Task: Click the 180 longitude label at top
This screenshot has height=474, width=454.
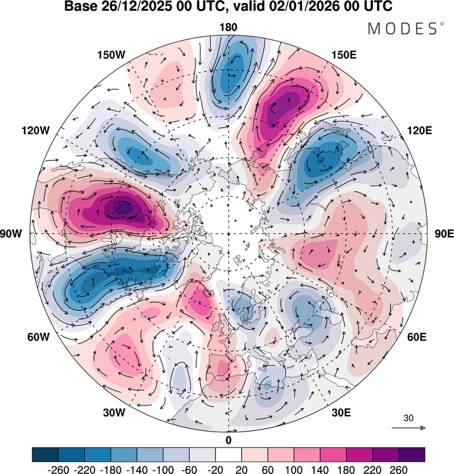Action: [x=228, y=27]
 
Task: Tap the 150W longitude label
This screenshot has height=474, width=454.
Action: [x=111, y=55]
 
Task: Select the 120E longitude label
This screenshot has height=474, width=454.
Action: [x=420, y=131]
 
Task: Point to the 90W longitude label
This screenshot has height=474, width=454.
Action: [x=11, y=234]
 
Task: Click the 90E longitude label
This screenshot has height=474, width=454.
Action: [x=444, y=234]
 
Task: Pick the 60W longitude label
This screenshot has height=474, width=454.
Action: [x=38, y=337]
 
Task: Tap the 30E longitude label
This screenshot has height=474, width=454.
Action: [x=341, y=412]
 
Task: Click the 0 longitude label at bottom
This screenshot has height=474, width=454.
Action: [x=228, y=441]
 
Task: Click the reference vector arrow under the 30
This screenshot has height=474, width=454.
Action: [x=409, y=427]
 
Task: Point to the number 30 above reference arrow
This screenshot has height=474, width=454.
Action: [x=409, y=418]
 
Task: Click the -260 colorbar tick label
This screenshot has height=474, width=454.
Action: [x=58, y=470]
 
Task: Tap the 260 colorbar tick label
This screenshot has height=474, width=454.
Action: [x=399, y=470]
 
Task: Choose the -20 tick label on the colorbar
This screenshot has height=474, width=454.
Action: [x=215, y=470]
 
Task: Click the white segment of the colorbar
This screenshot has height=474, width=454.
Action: [x=228, y=455]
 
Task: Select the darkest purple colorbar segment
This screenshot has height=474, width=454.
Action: [x=412, y=455]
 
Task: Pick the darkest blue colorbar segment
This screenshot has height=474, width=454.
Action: [x=45, y=455]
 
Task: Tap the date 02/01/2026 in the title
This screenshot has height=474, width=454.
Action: [x=303, y=6]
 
